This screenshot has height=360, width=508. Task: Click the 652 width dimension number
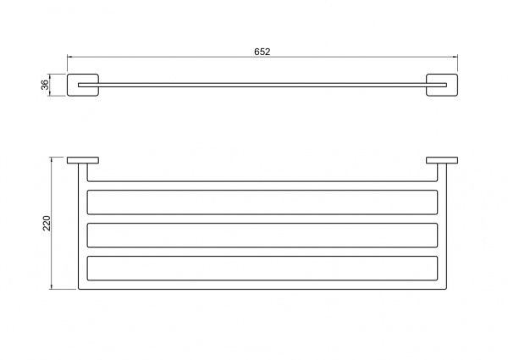click(262, 52)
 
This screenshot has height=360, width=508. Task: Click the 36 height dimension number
click(45, 85)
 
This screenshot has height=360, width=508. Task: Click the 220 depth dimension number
click(47, 223)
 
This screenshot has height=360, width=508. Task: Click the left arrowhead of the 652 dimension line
click(69, 57)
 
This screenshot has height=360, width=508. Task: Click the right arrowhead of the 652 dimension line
click(456, 57)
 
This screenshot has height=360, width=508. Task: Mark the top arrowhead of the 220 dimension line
click(51, 159)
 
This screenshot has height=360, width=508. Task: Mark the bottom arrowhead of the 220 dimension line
click(51, 287)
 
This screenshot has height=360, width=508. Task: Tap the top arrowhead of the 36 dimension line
click(50, 76)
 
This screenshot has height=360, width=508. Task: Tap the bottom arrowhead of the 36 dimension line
click(50, 94)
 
